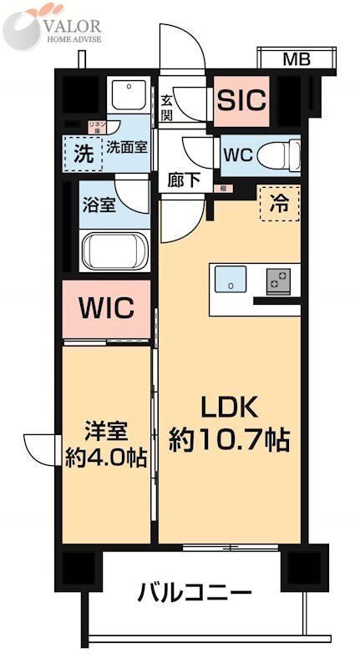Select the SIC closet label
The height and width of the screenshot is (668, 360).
click(241, 100)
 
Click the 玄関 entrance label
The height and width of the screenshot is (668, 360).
click(167, 108)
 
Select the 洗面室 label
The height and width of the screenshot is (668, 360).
click(126, 147)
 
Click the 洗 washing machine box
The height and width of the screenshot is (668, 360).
click(83, 153)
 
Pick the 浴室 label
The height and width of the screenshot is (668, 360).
click(99, 205)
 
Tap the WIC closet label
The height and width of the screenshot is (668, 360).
click(106, 308)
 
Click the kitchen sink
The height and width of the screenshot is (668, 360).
click(231, 280)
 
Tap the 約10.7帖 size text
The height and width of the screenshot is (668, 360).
click(229, 440)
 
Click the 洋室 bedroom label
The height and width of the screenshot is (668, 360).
click(106, 432)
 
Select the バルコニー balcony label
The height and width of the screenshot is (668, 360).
click(194, 594)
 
